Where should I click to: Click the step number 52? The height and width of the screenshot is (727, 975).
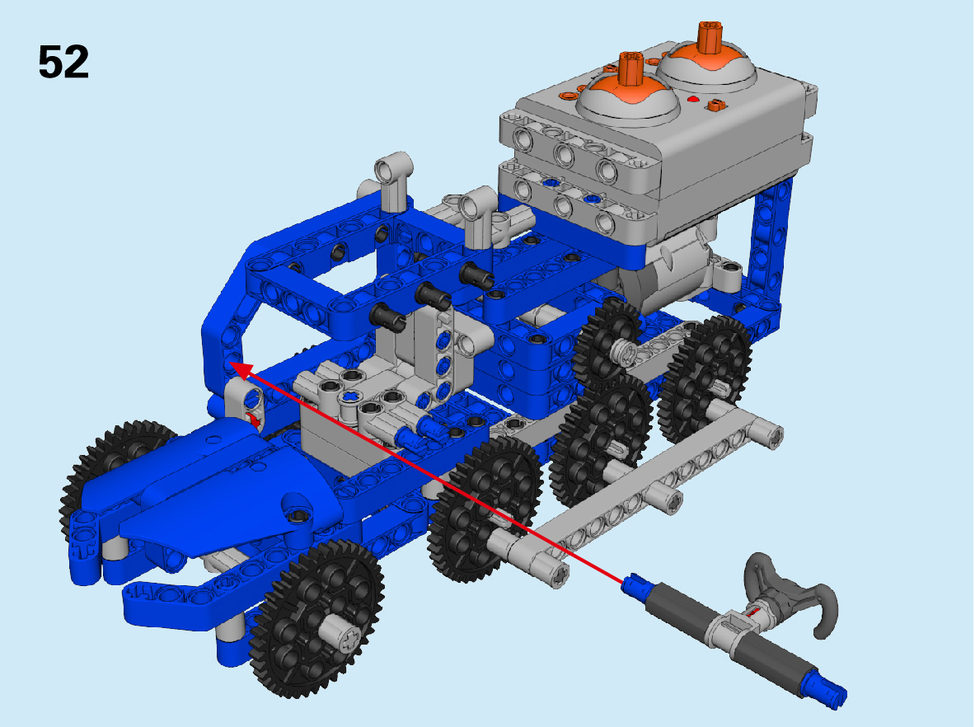pos(63,62)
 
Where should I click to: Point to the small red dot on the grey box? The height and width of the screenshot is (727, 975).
pos(692,99)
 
